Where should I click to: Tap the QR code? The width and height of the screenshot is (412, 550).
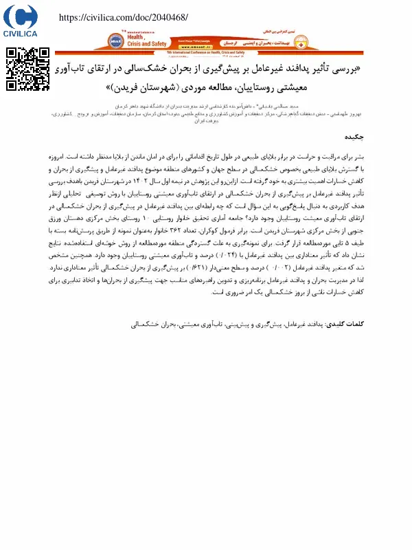point(28,69)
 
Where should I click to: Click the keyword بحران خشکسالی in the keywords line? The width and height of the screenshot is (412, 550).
point(149,323)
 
